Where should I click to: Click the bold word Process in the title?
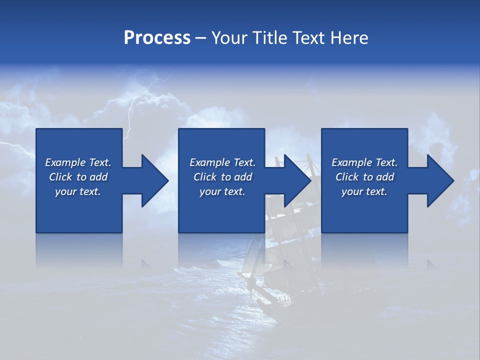pos(157,38)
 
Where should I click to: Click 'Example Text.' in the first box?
pos(78,162)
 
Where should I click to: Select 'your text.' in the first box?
pos(78,191)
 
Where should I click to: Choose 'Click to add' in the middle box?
pos(222,177)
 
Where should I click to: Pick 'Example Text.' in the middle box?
pos(222,162)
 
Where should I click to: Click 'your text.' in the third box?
pos(364,191)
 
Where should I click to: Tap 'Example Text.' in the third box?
pos(364,162)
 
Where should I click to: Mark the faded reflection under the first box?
pos(79,250)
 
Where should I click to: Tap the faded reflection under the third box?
pos(364,250)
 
